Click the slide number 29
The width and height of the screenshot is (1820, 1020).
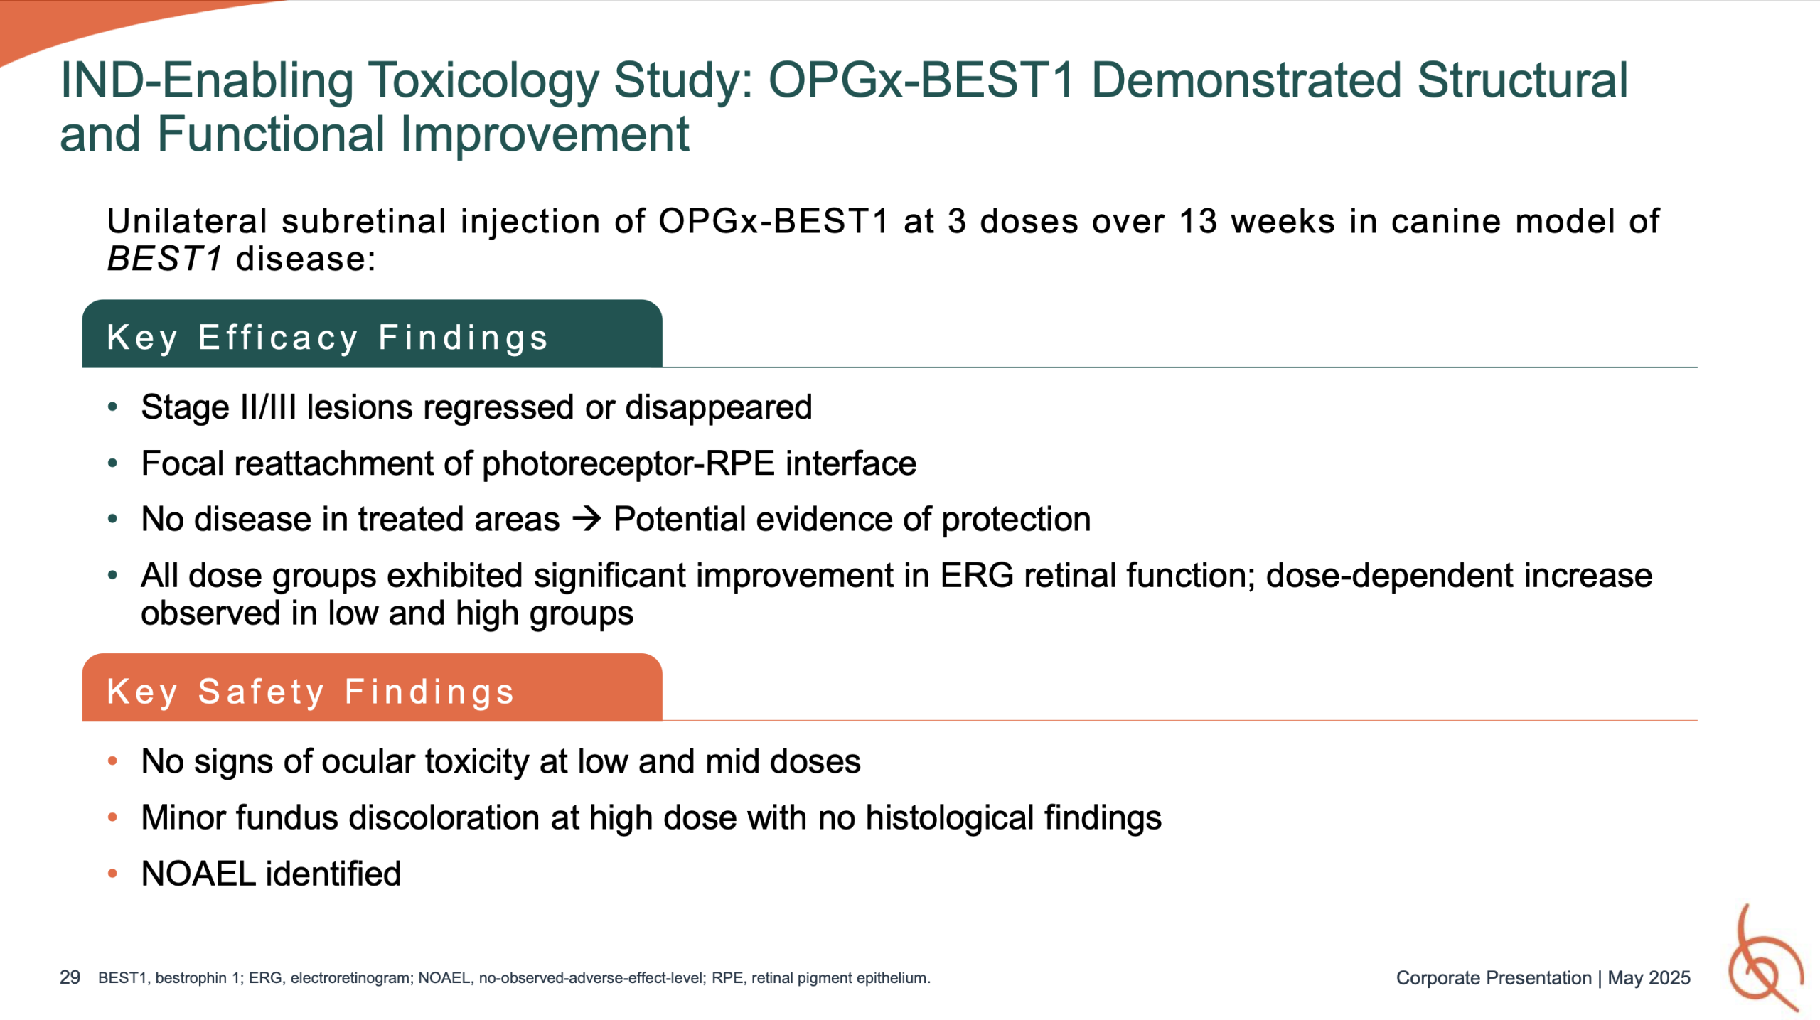[x=70, y=977]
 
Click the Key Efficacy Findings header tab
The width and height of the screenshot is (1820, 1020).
[x=372, y=333]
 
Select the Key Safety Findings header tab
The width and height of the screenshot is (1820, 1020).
[x=372, y=687]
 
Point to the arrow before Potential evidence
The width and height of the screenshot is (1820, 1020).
[x=587, y=519]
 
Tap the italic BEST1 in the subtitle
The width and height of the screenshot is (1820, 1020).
[x=165, y=259]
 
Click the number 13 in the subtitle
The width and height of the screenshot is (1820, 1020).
[x=1199, y=221]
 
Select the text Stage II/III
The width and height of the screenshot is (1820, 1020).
[x=218, y=407]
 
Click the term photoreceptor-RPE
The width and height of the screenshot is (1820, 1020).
[x=628, y=463]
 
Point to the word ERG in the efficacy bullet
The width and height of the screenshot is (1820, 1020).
[x=977, y=575]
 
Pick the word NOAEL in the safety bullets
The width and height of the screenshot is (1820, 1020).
[x=198, y=874]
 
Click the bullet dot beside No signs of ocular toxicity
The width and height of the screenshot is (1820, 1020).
[x=112, y=761]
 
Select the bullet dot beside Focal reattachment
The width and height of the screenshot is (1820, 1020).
[x=112, y=463]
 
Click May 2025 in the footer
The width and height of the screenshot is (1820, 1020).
[x=1649, y=978]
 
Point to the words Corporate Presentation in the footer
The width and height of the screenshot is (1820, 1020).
[x=1494, y=978]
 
